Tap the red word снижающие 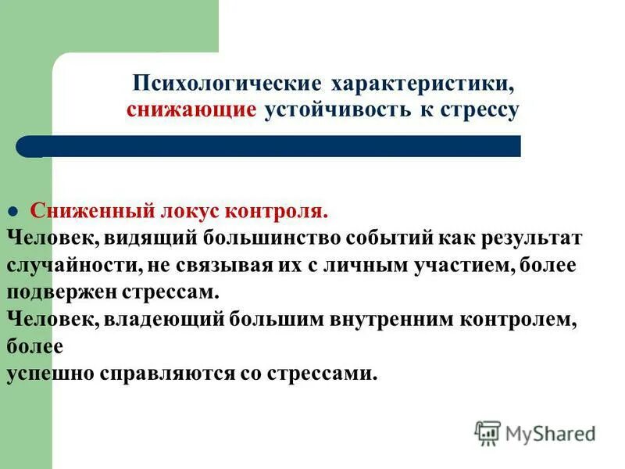(191, 110)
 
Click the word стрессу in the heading (480, 110)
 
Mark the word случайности (73, 265)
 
